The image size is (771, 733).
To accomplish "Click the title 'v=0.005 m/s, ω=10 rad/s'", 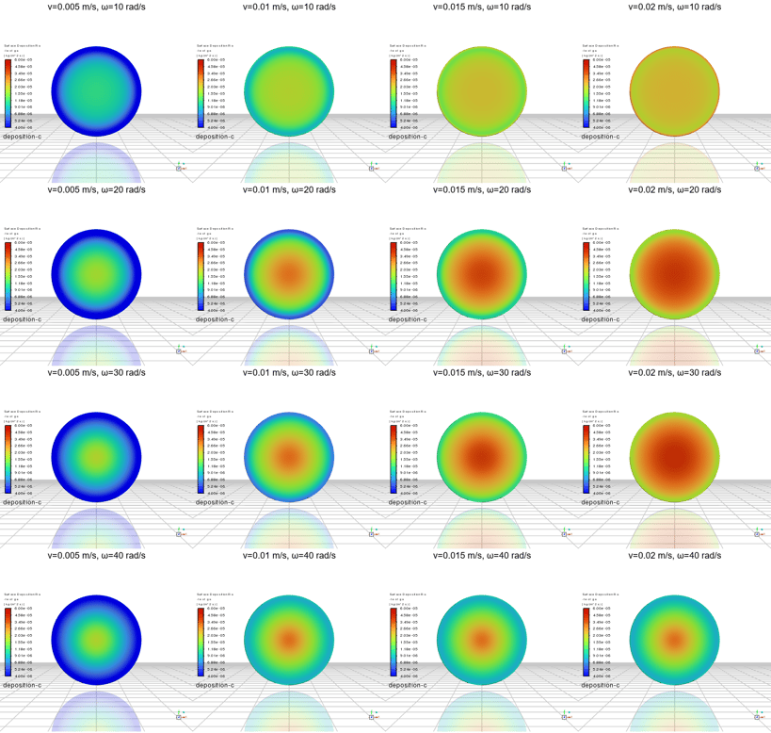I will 97,6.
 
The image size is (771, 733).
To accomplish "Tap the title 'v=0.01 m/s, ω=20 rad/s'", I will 290,189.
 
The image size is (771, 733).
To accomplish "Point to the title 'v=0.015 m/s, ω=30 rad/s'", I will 482,372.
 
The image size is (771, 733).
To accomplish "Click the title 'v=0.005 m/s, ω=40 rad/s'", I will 97,556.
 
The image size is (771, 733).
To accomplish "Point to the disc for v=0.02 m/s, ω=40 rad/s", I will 675,638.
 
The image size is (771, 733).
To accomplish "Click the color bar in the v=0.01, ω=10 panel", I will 201,93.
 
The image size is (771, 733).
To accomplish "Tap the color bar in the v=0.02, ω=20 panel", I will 586,276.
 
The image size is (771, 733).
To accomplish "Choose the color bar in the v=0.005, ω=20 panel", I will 8,276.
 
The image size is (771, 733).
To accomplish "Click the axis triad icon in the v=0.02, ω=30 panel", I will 756,533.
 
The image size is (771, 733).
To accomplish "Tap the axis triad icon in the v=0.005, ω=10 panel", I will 178,167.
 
